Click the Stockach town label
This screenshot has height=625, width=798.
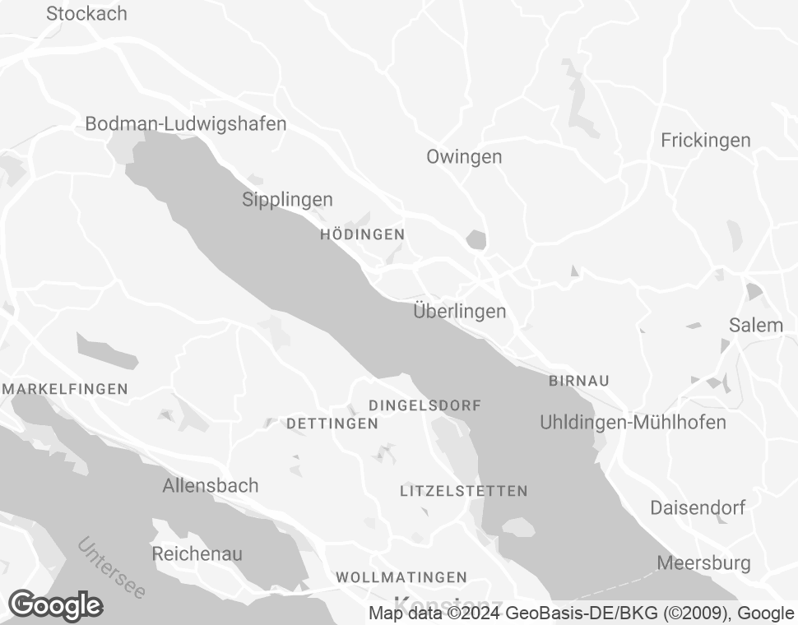[x=86, y=14]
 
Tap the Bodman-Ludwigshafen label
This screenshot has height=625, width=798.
[x=186, y=124]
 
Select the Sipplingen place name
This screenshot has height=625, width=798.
[x=287, y=200]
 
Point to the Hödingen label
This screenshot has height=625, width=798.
[x=362, y=234]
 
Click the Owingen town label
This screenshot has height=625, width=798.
[x=464, y=157]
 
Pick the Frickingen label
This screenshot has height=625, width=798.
[x=705, y=141]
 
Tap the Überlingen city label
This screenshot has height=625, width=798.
[x=459, y=312]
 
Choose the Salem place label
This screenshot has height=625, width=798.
[x=755, y=325]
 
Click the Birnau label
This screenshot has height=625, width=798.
[x=578, y=381]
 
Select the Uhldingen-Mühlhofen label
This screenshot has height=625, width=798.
[x=633, y=423]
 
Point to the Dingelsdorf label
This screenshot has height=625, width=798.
[x=425, y=405]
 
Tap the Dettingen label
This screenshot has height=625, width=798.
[x=332, y=424]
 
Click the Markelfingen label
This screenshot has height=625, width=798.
[x=66, y=389]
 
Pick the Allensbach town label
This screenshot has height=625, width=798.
[x=210, y=486]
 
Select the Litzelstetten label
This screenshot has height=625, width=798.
[x=463, y=491]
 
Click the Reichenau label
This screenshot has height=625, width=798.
[x=197, y=554]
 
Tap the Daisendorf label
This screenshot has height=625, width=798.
[x=698, y=507]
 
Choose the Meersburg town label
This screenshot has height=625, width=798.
[x=703, y=563]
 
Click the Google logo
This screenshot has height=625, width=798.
[x=55, y=606]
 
